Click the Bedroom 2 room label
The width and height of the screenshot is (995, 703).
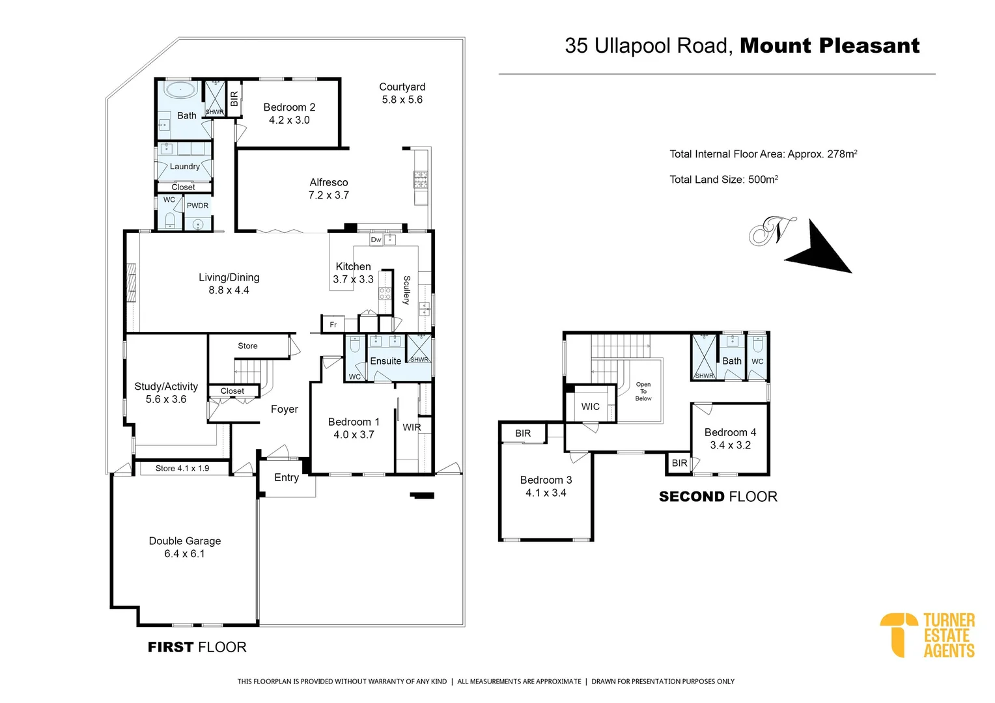[x=289, y=113]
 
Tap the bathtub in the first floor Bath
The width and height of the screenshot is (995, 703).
[x=179, y=90]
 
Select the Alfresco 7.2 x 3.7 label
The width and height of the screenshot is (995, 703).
[x=328, y=189]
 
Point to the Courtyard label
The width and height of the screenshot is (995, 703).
[x=402, y=93]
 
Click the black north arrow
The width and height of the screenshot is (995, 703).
[x=820, y=249]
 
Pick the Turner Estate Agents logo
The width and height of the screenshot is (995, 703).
[x=927, y=635]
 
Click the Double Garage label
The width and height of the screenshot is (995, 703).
[x=184, y=547]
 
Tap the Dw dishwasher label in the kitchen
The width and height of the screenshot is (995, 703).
[x=376, y=240]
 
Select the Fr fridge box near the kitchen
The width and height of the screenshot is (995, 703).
[x=333, y=324]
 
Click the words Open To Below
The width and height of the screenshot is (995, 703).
[x=643, y=391]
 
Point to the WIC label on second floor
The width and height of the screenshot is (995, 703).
[x=590, y=407]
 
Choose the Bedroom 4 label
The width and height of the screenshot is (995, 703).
[x=730, y=439]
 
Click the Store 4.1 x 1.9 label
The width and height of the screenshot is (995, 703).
[x=182, y=468]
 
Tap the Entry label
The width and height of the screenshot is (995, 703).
[x=286, y=478]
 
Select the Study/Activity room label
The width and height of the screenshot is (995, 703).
[x=166, y=393]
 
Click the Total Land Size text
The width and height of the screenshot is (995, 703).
[x=723, y=180]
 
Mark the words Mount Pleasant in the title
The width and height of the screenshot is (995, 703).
[x=829, y=46]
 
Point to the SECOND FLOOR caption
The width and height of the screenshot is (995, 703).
[x=718, y=497]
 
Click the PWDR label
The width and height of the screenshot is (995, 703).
[x=197, y=206]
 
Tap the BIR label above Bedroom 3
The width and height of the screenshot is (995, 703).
[x=523, y=434]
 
